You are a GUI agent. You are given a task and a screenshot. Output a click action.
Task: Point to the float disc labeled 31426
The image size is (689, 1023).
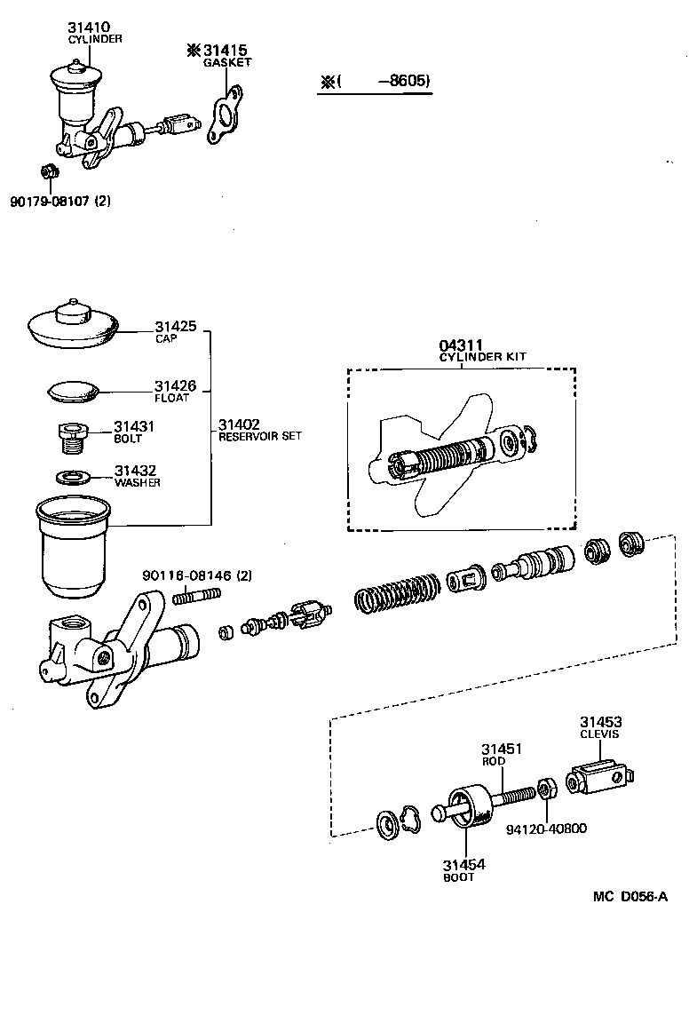tap(74, 390)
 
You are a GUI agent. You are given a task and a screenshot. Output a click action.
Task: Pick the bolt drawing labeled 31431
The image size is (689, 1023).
tap(71, 436)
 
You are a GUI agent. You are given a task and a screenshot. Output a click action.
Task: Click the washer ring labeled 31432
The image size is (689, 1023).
tap(73, 477)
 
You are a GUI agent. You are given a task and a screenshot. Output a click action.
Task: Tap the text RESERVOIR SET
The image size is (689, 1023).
tap(260, 436)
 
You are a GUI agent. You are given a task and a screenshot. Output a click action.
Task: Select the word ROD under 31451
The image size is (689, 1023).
tap(494, 761)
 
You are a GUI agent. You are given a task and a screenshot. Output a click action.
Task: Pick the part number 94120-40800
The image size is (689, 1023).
tap(546, 829)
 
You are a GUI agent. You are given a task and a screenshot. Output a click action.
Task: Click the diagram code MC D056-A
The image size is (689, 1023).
tap(630, 896)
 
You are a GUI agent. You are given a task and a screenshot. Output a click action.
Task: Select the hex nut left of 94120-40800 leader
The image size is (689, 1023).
tap(546, 789)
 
